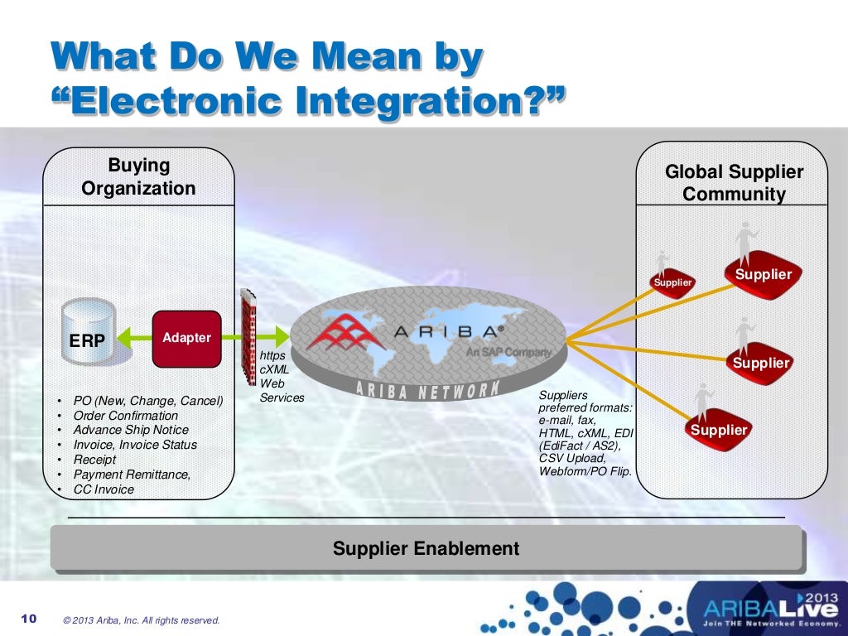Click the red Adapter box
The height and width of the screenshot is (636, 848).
[x=186, y=338]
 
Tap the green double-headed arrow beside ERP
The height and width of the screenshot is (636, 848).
[x=134, y=338]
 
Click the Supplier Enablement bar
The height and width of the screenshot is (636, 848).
[x=426, y=548]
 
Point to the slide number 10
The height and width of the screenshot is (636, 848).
[x=29, y=619]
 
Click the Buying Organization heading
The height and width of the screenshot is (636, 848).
[x=138, y=177]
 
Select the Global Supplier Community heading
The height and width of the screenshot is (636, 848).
[x=734, y=183]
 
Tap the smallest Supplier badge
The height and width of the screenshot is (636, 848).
[x=672, y=282]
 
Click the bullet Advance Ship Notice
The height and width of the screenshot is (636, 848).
[x=131, y=430]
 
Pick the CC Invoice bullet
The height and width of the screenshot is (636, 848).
[x=104, y=489]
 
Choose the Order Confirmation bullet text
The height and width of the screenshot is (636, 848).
[x=126, y=415]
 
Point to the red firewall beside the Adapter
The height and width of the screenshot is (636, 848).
[x=248, y=336]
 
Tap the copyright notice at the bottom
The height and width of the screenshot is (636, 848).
[x=142, y=619]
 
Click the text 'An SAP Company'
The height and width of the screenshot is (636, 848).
[x=508, y=352]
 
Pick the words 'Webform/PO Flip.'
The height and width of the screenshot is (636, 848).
[x=585, y=471]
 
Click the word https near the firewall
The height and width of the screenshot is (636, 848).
[x=272, y=355]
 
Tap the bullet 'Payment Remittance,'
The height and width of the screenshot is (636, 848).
[x=132, y=475]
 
